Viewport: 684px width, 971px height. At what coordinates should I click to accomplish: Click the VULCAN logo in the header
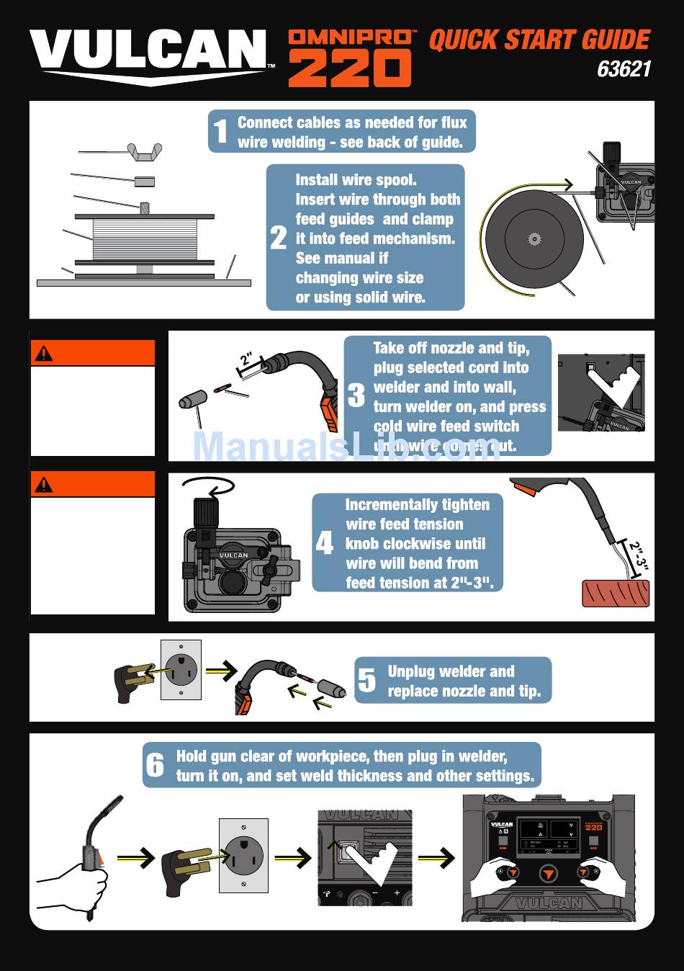148,54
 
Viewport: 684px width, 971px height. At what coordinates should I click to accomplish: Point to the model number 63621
624,69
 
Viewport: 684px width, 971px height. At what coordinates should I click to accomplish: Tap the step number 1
220,132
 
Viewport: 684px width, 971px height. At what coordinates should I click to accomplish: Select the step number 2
279,238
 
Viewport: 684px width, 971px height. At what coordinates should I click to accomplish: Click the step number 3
356,395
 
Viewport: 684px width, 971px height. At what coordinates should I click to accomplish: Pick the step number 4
325,543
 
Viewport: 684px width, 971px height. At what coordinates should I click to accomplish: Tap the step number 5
367,681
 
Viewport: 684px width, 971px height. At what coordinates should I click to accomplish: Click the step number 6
156,765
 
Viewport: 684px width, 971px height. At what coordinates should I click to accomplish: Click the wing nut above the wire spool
144,152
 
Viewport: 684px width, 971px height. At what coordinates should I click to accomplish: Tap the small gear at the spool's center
534,238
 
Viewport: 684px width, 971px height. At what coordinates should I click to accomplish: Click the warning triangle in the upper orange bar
44,353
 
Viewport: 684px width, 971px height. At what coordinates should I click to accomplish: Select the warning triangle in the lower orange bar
44,484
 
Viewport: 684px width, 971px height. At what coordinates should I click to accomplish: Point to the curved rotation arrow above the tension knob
208,486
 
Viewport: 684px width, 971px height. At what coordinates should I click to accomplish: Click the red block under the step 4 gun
616,593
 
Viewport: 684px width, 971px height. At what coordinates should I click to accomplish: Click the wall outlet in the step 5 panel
181,670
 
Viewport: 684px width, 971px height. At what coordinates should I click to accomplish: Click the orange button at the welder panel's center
549,874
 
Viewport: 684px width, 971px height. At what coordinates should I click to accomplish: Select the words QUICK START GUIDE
539,40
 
